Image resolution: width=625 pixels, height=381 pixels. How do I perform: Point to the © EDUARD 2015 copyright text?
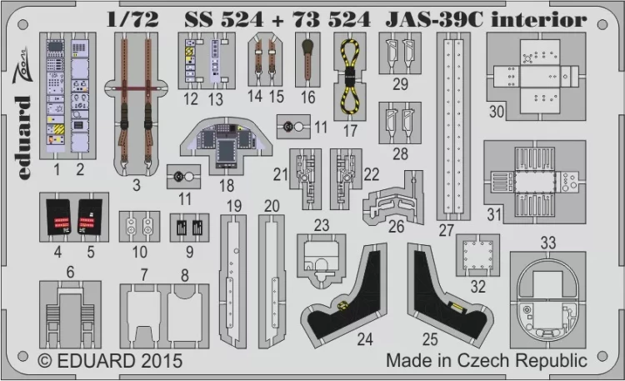click(111, 363)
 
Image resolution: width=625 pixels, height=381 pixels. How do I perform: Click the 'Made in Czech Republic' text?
click(486, 361)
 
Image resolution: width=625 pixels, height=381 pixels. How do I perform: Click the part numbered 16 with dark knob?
click(307, 58)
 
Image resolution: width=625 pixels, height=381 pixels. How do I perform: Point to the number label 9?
click(190, 251)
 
